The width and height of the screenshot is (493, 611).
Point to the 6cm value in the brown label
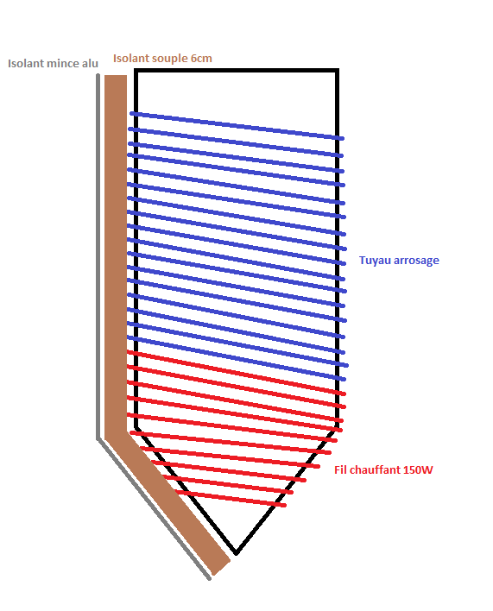pos(201,59)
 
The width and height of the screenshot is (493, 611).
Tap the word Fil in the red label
pos(340,470)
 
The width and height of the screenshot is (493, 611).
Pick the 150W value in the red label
pos(418,470)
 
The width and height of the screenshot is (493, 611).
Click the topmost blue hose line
pos(237,125)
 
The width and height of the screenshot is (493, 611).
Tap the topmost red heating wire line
pos(237,373)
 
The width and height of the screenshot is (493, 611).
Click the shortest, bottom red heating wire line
pos(231,499)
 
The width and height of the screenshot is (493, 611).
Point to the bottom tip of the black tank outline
pos(237,553)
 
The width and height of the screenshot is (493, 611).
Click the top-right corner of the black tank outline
pos(337,71)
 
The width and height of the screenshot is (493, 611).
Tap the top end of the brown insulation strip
pos(116,77)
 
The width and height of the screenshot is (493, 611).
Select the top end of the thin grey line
pos(98,75)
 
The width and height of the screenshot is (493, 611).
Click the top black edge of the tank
pos(237,71)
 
